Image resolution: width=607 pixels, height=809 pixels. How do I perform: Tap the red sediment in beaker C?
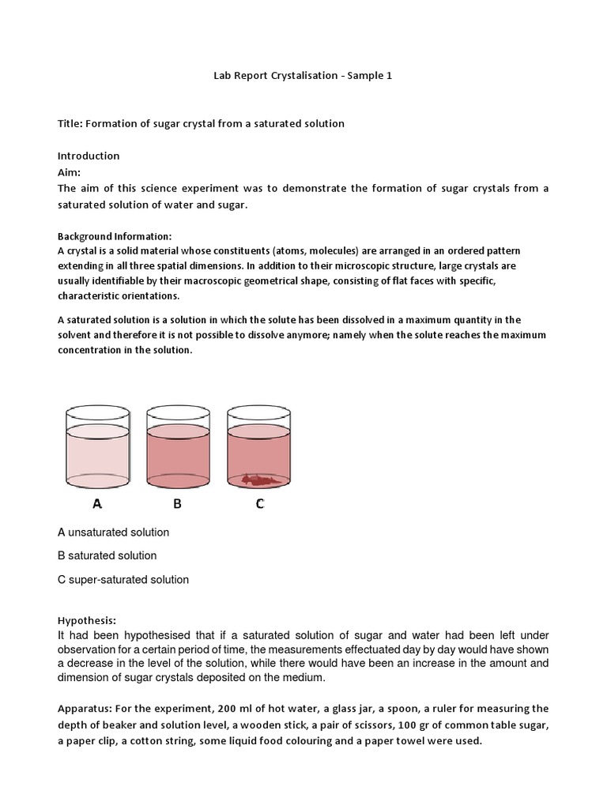(258, 479)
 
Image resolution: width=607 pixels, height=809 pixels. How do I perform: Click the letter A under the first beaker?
(97, 503)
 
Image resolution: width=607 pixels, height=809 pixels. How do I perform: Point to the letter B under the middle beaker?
(178, 503)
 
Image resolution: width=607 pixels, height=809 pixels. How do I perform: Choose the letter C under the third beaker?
(259, 503)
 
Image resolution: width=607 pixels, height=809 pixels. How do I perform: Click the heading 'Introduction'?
(89, 156)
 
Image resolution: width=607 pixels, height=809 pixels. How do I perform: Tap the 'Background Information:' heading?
(115, 236)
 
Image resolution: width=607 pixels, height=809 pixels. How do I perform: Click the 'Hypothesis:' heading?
(87, 620)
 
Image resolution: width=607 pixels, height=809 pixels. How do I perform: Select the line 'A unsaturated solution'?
(113, 532)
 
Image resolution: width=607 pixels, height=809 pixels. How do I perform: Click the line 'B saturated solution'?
(107, 555)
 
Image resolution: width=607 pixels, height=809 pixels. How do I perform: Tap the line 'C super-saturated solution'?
(123, 579)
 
